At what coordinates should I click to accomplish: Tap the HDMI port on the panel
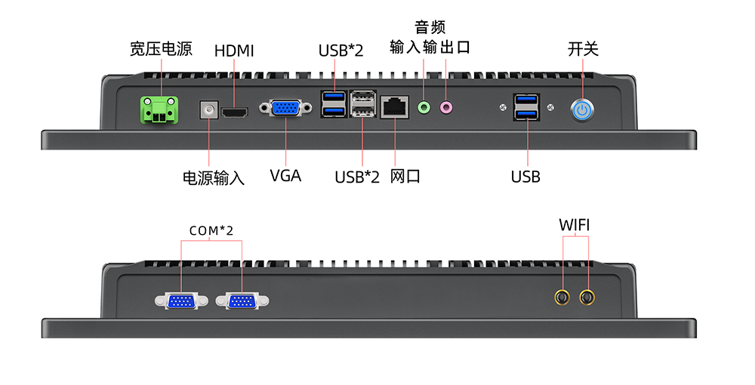point(235,112)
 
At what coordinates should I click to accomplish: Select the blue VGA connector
point(285,109)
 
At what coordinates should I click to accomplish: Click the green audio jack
point(424,108)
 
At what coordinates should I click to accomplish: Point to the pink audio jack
point(446,108)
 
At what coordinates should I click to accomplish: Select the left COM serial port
point(181,301)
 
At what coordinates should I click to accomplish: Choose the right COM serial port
point(242,301)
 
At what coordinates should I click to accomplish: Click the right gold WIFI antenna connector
point(587,297)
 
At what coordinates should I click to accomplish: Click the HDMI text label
point(234,51)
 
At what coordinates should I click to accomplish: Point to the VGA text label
point(285,176)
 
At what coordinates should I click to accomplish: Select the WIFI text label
point(575,225)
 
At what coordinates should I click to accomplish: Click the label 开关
point(583,49)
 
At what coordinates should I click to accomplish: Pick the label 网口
point(405,177)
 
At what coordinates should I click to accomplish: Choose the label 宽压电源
point(161,50)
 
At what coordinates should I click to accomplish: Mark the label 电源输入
point(214,178)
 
